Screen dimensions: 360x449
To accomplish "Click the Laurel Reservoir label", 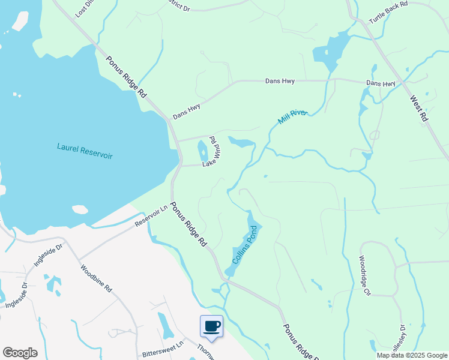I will click(x=85, y=151).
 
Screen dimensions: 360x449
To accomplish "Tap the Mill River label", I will click(x=292, y=116).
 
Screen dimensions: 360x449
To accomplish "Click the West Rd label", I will click(x=418, y=109).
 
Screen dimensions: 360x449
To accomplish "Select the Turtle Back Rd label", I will click(x=388, y=12).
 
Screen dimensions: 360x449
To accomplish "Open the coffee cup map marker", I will click(x=211, y=326).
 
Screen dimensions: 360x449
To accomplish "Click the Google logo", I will click(x=20, y=353).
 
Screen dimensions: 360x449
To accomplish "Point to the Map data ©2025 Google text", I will click(x=411, y=355).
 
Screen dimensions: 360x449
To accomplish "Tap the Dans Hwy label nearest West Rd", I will click(x=381, y=83).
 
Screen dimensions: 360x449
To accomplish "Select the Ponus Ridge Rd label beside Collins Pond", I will click(x=188, y=225).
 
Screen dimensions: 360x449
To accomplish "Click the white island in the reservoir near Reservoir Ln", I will click(x=80, y=209).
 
